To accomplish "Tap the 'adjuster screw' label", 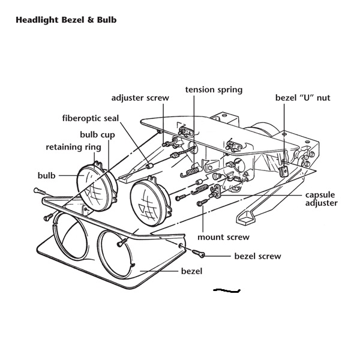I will tap(140, 98).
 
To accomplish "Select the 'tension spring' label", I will tap(214, 90).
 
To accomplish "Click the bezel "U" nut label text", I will tap(302, 98).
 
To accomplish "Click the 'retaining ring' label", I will tap(74, 147).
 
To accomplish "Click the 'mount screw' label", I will tap(223, 237).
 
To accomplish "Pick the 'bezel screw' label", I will tap(257, 256).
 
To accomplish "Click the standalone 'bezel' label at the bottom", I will tap(191, 271).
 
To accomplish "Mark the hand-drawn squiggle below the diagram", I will tap(227, 291).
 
